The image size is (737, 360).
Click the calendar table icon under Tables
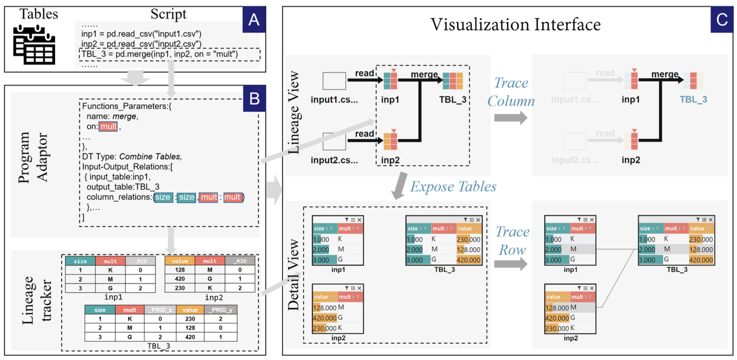[34, 45]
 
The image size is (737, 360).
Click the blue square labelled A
[254, 19]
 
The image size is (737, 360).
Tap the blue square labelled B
[254, 98]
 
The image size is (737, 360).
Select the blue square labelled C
[722, 19]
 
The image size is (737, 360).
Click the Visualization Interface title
[515, 25]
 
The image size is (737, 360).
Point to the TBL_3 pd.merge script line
[159, 54]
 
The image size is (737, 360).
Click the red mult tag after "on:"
[108, 127]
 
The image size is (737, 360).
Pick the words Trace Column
[511, 92]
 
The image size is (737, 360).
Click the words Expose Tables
[453, 186]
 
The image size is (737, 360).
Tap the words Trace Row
[512, 241]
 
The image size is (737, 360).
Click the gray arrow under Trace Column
[510, 118]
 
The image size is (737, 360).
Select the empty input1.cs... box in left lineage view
[334, 81]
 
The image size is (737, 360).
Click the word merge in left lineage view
[424, 74]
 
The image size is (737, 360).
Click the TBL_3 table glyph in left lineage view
[453, 80]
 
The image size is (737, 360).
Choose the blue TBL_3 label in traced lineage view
[693, 100]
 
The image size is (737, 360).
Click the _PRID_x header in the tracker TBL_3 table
[160, 310]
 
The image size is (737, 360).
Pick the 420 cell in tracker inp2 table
[180, 279]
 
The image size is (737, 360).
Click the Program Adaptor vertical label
[33, 158]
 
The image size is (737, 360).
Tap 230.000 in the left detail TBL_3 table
[468, 239]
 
